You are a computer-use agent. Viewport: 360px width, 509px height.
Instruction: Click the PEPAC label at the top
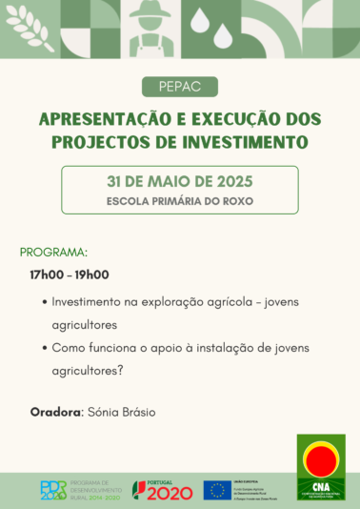[x=179, y=88]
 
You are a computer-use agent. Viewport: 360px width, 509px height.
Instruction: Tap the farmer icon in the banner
[x=150, y=27]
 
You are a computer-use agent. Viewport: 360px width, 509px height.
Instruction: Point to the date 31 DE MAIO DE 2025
[x=179, y=180]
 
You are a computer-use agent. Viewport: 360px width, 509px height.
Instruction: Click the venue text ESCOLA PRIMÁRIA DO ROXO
[x=179, y=201]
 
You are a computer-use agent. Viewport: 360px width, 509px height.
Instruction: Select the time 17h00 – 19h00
[x=70, y=275]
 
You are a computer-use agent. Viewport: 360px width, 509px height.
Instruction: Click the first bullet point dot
[x=47, y=301]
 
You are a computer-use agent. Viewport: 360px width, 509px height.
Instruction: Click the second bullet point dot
[x=47, y=348]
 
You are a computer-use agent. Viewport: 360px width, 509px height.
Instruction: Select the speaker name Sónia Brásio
[x=121, y=412]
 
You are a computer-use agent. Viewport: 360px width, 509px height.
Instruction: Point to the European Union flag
[x=217, y=489]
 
